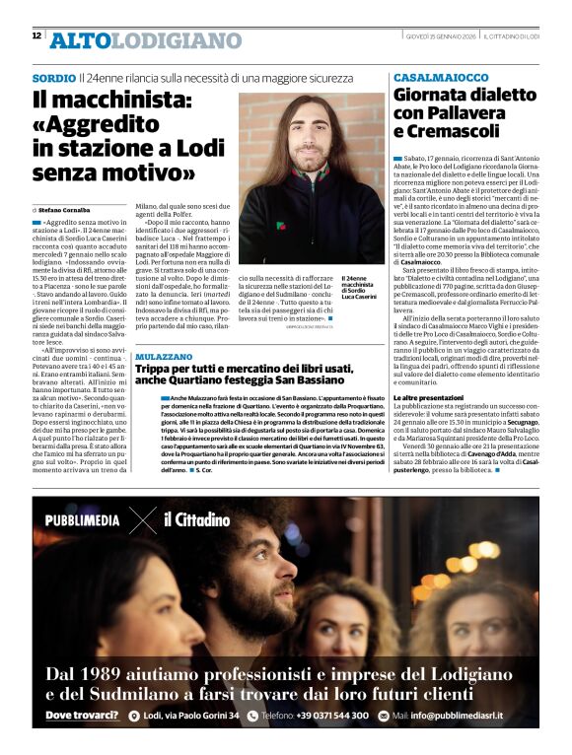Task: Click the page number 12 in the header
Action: pos(36,35)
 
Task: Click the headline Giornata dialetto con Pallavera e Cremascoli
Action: pos(464,113)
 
